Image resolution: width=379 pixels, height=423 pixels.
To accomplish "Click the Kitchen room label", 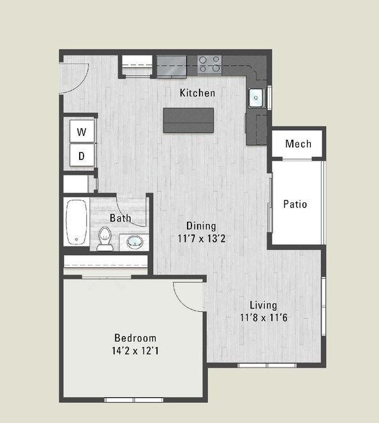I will [197, 93].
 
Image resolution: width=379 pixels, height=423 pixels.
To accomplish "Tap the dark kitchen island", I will [188, 120].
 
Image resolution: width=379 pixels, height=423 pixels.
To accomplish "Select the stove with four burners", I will [209, 63].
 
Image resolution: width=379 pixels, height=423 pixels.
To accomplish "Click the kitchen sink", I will [256, 98].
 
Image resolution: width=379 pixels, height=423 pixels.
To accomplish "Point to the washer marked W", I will [82, 132].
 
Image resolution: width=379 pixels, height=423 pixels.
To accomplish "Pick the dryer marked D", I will [82, 155].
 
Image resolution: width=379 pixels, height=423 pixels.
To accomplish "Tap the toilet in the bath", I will [105, 239].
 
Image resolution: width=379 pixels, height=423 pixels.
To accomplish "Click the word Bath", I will [121, 218].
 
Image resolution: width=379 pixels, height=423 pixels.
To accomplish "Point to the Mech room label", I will [298, 144].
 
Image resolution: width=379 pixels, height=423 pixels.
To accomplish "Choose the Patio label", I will [295, 204].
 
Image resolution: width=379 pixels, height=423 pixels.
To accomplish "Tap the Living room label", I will [263, 305].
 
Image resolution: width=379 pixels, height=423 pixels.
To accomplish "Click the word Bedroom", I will [135, 338].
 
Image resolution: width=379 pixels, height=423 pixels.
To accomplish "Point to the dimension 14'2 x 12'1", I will [135, 350].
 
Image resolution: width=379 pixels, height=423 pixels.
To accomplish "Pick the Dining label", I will [201, 226].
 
